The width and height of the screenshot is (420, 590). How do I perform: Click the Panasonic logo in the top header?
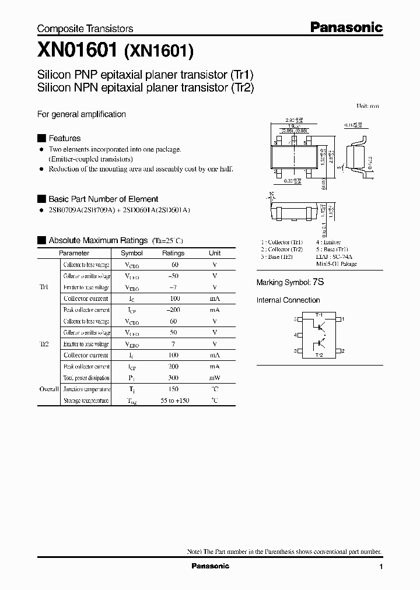pos(346,27)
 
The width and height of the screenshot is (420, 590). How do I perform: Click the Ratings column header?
pos(173,253)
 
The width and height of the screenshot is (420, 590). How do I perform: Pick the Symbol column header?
pos(132,253)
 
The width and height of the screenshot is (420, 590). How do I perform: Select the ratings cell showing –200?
pos(173,310)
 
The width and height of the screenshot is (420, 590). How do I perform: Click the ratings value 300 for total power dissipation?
pos(173,378)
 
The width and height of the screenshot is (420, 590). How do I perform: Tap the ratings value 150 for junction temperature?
pos(173,389)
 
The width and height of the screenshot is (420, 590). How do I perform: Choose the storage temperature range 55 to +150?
pos(173,401)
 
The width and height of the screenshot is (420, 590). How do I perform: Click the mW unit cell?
pos(215,378)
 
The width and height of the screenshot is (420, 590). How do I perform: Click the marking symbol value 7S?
pos(318,282)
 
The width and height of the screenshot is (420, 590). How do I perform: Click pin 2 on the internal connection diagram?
pos(343,351)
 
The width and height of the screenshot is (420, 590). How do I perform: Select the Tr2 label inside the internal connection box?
pos(319,355)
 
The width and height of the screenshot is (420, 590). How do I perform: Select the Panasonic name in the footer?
pos(211,567)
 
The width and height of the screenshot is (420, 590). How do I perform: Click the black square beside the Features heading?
pos(41,138)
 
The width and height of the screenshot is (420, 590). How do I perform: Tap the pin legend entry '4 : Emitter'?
pos(328,242)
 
